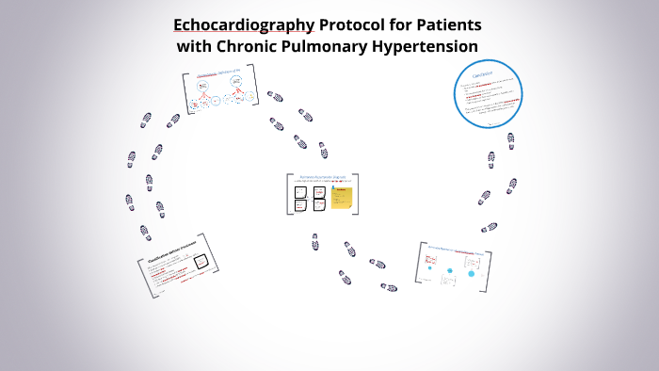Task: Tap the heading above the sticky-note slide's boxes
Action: [x=323, y=176]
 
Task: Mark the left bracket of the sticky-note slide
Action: [x=289, y=193]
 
